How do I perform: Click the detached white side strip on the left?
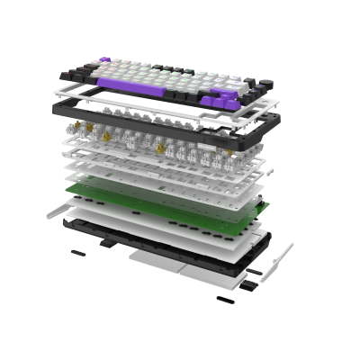(x=56, y=210)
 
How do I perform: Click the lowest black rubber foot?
(x=224, y=297)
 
